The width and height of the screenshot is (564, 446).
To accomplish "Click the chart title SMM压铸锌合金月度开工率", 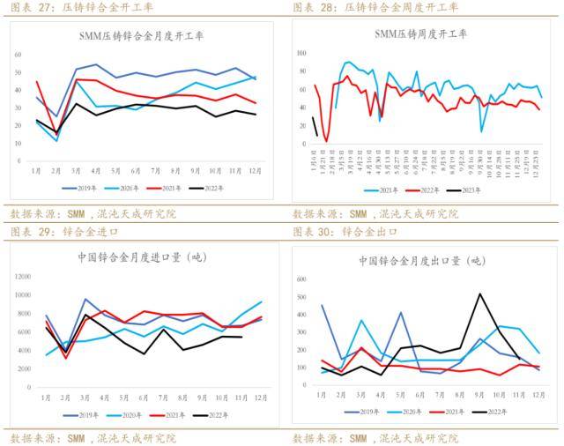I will pos(142,36).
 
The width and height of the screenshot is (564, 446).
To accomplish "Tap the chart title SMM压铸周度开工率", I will pos(421,34).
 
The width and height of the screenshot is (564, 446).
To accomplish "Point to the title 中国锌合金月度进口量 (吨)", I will pos(142,257).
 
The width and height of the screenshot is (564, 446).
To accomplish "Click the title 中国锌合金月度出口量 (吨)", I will pos(422,261).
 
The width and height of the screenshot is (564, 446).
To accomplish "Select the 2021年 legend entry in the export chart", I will pos(454,412).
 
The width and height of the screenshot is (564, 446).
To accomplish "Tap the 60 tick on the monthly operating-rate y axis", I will pos(18,55).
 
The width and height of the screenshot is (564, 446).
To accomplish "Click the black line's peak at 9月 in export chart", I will pos(480,294).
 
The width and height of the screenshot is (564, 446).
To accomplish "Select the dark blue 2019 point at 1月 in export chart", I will pos(322,305).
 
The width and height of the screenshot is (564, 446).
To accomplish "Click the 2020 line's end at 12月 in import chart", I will pos(261,301).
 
